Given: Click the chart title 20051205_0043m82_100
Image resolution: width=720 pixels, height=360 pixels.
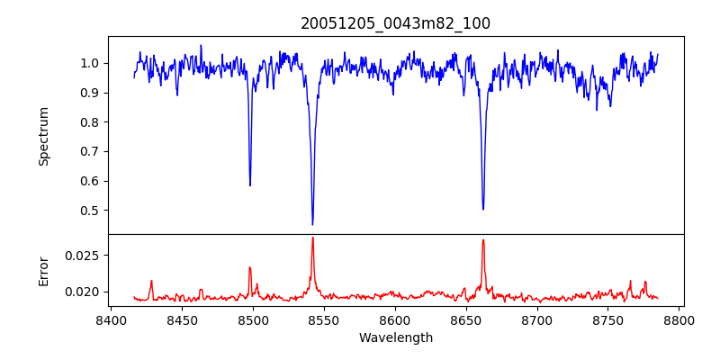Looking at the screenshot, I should coord(396,23).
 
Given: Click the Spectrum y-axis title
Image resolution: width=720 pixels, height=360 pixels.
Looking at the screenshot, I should coord(43,136).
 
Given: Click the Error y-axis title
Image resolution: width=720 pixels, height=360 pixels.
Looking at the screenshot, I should coord(43,271).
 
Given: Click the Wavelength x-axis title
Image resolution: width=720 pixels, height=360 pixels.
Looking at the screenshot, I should coord(396,338).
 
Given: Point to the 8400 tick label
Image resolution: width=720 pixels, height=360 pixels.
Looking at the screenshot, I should coord(111,320).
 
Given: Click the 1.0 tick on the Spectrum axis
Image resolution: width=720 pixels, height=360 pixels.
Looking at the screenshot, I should coord(91,63).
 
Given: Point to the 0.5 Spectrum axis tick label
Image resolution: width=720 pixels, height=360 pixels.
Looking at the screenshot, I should coord(91,211).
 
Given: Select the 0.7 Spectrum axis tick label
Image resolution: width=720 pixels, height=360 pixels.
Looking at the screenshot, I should coord(91,151).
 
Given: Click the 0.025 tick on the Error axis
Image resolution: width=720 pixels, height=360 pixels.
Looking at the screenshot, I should coord(85,255).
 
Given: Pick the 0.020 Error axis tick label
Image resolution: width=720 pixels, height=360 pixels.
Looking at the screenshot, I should coord(85,292).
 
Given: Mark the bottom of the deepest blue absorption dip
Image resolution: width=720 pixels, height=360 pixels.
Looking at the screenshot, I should coord(312,224).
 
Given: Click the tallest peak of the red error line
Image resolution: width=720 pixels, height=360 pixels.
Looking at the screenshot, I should coord(312,238).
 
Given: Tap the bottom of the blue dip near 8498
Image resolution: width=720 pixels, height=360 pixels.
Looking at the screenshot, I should coord(250,185).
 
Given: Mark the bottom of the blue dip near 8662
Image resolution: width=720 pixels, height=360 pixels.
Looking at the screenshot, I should coord(483,209).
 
